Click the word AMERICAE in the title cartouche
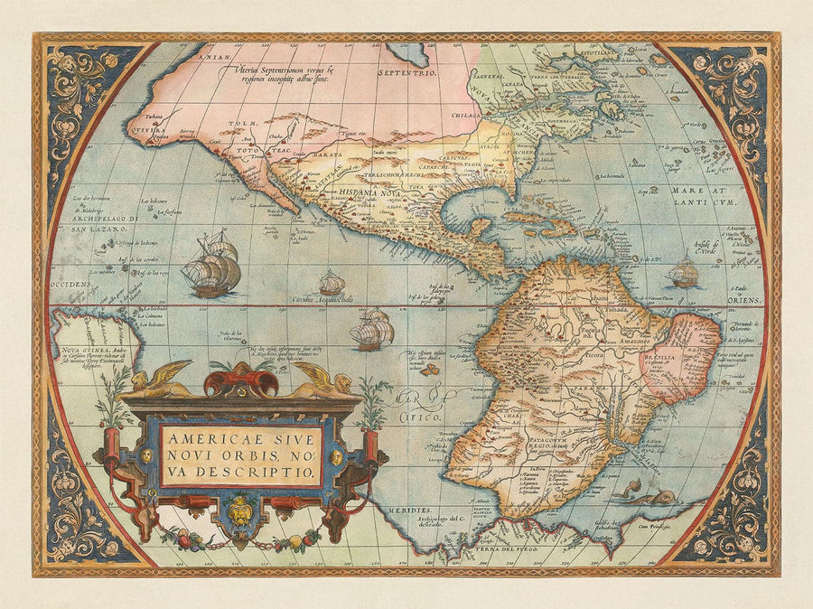(x=202, y=437)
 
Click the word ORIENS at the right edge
(x=743, y=299)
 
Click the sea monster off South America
(x=644, y=493)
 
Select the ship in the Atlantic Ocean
(x=684, y=270)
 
